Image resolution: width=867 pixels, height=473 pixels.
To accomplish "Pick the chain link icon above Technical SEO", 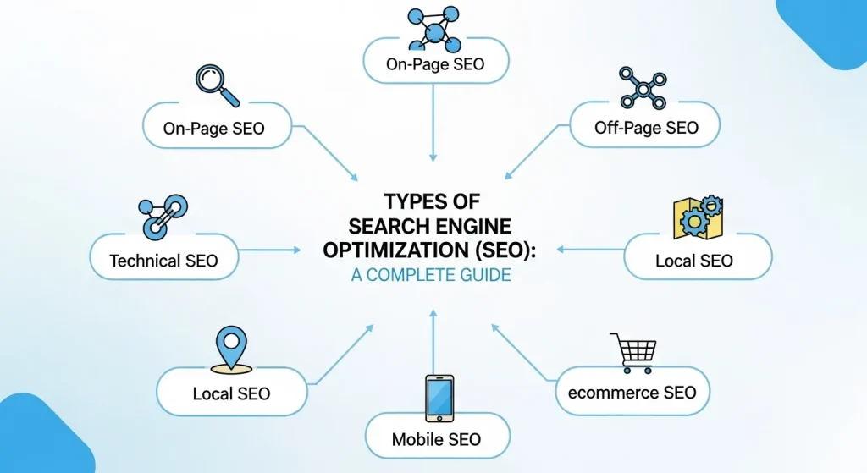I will (x=163, y=216).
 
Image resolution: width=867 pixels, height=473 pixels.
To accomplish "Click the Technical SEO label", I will (x=163, y=261).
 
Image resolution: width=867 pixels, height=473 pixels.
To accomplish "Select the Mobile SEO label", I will (x=436, y=439).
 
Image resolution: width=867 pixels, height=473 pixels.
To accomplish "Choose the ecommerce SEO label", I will (x=632, y=393).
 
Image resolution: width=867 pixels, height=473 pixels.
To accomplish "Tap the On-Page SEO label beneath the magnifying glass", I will (x=214, y=129).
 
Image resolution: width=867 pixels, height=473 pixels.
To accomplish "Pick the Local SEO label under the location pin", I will (x=231, y=393).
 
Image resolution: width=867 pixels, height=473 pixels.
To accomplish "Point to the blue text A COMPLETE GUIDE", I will (x=431, y=276).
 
